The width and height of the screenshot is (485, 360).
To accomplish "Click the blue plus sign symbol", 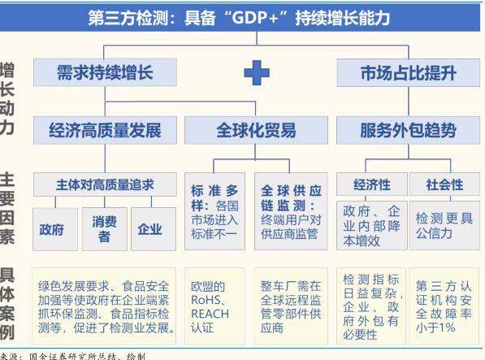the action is pos(257,72).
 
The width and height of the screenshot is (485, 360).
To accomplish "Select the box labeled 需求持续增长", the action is pos(105,72).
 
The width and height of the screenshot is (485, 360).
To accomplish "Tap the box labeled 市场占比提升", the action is pos(409,72).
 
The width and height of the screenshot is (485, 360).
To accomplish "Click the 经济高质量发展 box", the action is pos(105,130).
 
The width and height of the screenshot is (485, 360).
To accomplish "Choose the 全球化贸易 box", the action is pos(256,130).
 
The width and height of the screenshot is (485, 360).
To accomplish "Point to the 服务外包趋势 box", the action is pos(409,130).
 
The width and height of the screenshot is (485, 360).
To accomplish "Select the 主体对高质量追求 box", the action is pos(105,184).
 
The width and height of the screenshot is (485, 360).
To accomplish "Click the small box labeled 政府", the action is pos(55,229).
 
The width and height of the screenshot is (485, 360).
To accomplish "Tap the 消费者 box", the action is pos(105,229).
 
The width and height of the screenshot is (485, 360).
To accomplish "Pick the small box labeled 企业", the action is pos(154,229).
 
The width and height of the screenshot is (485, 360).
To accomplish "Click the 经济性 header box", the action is pos(372,184).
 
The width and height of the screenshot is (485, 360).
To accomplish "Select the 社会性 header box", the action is pos(445,184).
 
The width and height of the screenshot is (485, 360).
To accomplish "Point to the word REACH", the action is pos(210,314).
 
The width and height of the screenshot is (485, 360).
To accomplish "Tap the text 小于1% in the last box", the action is pos(435,327).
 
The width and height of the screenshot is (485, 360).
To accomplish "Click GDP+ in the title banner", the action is pos(255,17).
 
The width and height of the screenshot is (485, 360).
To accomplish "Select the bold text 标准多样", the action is pos(214,198).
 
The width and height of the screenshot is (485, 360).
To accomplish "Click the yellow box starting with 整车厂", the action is pos(291,306).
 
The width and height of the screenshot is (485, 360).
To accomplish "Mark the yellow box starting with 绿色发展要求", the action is pos(104,306).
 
